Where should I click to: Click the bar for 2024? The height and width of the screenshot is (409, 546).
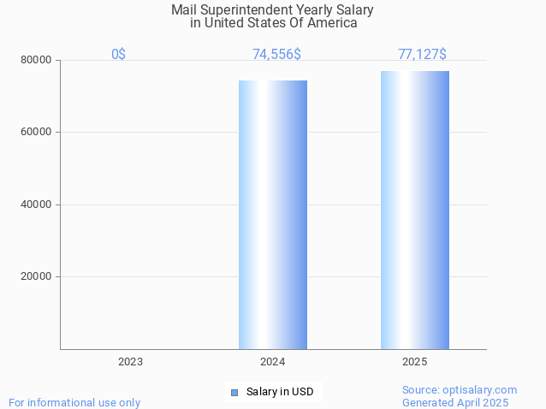[x=273, y=214]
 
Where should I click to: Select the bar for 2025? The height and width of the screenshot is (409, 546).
[x=415, y=210]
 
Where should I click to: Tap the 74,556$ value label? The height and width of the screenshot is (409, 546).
[x=276, y=54]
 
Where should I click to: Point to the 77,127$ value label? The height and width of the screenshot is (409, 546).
[x=422, y=54]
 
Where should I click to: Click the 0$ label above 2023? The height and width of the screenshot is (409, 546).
[x=118, y=54]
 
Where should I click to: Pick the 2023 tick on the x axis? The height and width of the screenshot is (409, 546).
[x=131, y=362]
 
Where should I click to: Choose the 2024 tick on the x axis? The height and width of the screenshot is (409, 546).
[x=273, y=362]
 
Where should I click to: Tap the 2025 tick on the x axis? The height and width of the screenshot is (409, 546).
[x=415, y=362]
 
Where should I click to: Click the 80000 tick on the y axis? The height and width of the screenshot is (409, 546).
[x=37, y=60]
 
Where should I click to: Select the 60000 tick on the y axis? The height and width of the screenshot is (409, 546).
[x=37, y=132]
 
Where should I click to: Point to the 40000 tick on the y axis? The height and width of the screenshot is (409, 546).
[x=37, y=204]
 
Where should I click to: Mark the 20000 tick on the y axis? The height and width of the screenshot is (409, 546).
[x=37, y=276]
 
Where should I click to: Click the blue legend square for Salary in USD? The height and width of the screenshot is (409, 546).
[x=234, y=392]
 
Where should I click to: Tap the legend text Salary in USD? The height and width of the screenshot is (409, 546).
[x=280, y=392]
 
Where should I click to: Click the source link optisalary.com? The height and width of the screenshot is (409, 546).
[x=478, y=389]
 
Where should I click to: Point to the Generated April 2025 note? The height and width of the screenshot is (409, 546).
[x=455, y=402]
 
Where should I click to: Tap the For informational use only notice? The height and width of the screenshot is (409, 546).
[x=74, y=402]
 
